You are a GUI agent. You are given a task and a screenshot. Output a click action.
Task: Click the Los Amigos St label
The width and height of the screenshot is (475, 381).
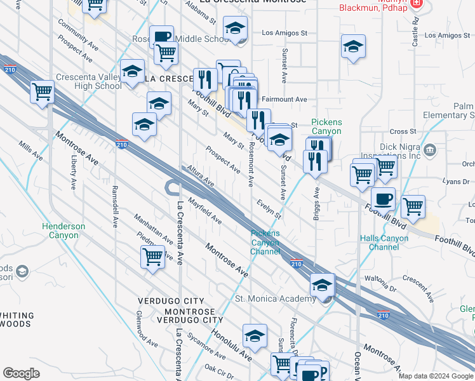(x=284, y=33)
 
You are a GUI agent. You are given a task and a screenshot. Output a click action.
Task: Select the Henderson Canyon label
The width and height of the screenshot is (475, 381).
(x=64, y=231)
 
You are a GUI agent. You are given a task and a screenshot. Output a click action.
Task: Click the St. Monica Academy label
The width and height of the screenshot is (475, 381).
(x=275, y=299)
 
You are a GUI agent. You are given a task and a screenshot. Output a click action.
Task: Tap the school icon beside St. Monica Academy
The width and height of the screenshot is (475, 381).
(x=323, y=286)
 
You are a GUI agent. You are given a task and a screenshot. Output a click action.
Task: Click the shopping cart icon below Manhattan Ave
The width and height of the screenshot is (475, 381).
(x=153, y=257)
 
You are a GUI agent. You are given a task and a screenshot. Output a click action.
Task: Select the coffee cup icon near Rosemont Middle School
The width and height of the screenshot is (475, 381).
(x=161, y=37)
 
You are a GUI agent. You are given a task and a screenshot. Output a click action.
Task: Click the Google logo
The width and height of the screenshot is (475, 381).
(x=21, y=373)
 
